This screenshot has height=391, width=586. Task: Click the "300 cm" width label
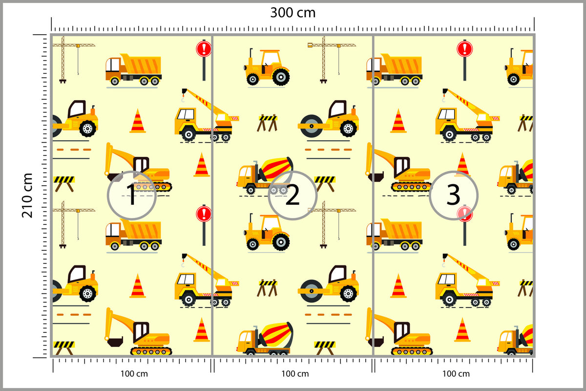[x=293, y=13]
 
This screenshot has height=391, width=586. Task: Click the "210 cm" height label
[x=27, y=195]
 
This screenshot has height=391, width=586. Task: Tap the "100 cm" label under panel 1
[x=134, y=374]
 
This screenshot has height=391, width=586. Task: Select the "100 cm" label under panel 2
[x=295, y=374]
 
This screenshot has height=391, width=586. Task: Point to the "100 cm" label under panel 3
[x=456, y=374]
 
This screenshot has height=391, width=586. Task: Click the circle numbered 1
[x=132, y=195]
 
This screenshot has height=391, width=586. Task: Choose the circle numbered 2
[x=293, y=195]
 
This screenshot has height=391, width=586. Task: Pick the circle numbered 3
[x=454, y=195]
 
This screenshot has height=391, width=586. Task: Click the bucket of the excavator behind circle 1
[x=114, y=176]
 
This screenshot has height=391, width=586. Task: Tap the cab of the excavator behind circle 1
[x=141, y=166]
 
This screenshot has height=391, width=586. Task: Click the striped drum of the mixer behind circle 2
[x=277, y=169]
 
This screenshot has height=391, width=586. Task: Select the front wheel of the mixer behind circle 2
[x=251, y=190]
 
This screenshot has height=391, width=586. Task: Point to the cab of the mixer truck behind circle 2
[x=245, y=174]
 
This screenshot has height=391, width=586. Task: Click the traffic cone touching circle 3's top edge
[x=462, y=165]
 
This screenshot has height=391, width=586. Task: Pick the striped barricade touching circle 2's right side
[x=325, y=184]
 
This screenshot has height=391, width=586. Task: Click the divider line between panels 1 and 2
[x=212, y=195]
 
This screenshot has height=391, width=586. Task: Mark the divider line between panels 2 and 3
[x=373, y=195]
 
